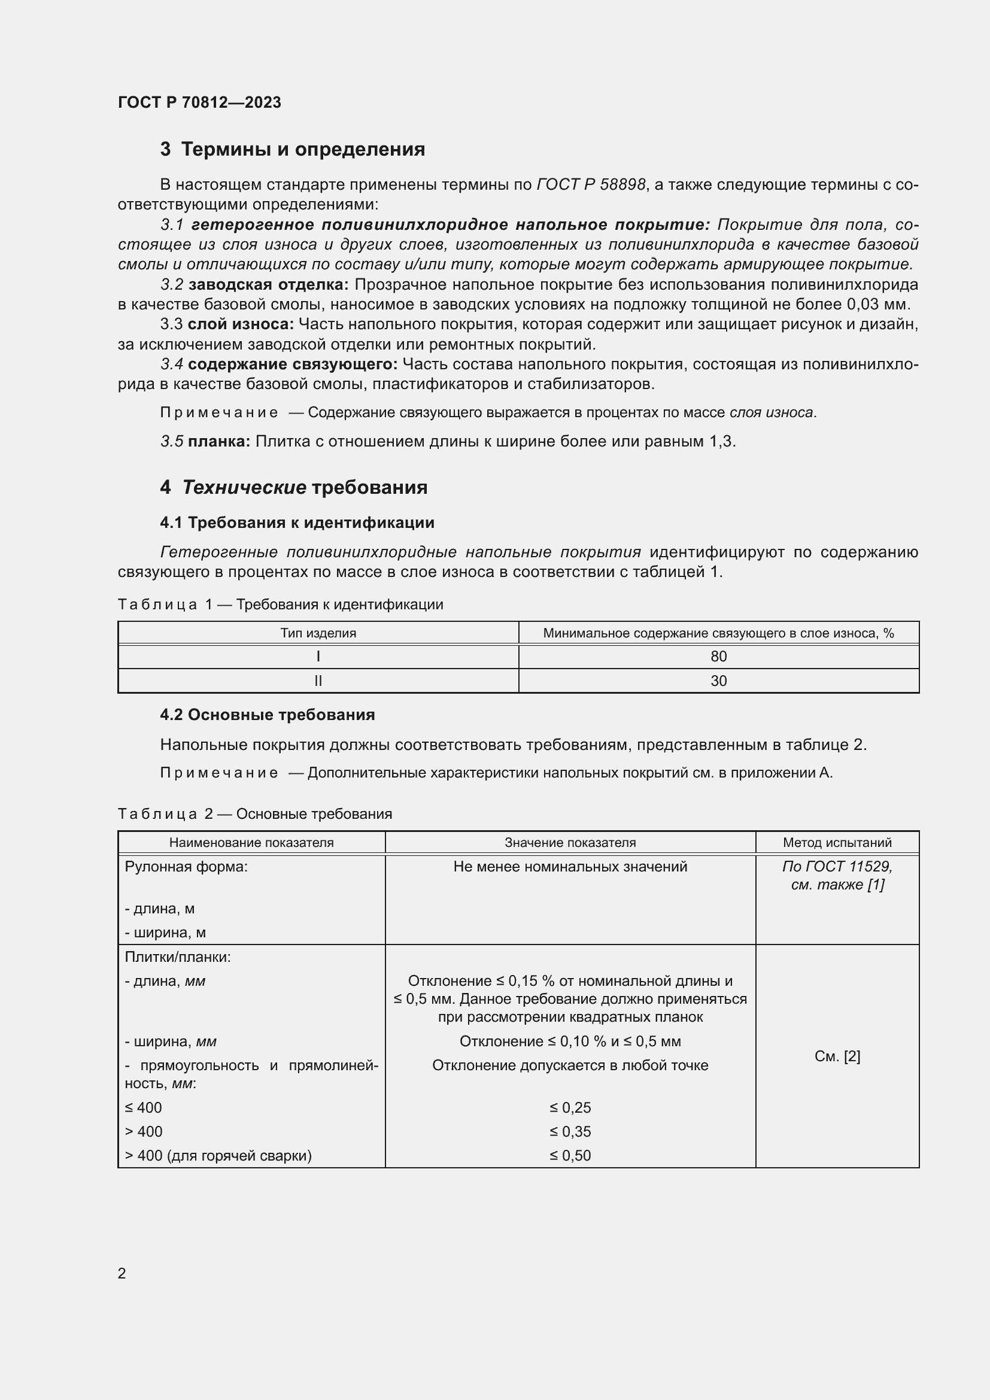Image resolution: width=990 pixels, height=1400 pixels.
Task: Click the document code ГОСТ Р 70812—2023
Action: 199,102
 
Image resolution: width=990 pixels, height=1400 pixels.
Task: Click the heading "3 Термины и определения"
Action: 293,150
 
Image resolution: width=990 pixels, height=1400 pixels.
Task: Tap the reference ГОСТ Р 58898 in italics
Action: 591,185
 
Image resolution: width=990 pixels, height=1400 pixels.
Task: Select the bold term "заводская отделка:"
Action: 268,285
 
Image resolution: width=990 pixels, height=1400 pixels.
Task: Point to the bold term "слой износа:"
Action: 241,324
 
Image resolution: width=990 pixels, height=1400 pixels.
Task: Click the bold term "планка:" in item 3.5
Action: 219,442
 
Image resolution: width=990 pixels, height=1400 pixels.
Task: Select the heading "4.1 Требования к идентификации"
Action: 297,523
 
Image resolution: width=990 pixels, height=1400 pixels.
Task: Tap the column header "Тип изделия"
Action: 318,633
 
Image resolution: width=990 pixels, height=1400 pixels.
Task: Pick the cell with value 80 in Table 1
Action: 718,657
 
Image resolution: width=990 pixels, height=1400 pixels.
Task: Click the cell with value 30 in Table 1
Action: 718,681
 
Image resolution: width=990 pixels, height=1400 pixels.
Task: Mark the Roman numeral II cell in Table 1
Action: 318,681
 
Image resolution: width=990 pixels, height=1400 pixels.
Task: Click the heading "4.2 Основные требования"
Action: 267,715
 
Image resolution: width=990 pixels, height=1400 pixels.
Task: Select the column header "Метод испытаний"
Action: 837,843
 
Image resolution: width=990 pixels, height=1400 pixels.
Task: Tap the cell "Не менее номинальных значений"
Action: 570,867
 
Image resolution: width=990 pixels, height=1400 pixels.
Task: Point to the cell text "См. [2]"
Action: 837,1056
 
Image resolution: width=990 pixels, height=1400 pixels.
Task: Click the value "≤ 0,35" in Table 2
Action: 570,1132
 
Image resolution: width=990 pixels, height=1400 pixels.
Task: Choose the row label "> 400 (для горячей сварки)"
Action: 218,1155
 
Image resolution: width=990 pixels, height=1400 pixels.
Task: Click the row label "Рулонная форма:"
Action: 186,867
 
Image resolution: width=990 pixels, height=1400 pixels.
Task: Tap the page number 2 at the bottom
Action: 122,1273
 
